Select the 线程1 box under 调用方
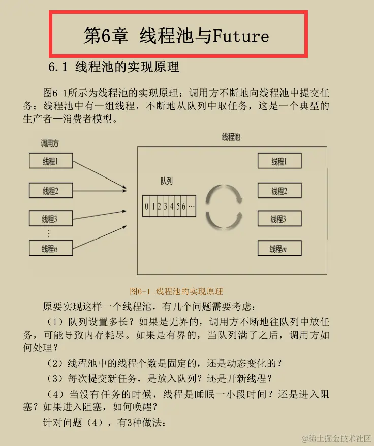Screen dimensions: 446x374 pos(50,162)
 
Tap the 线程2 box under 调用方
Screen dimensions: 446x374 pos(50,191)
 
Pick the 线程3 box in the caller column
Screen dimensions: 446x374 pos(50,219)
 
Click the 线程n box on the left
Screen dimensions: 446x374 pos(50,248)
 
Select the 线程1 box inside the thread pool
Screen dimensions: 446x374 pos(279,161)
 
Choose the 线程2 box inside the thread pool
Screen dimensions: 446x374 pos(279,191)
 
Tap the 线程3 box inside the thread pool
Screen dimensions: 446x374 pos(279,219)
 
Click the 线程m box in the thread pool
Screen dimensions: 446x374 pos(279,248)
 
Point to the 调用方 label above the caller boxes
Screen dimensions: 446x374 pos(50,144)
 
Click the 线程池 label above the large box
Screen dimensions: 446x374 pos(231,137)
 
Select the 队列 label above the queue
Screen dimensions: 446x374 pos(167,181)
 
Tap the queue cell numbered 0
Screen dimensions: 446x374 pos(146,207)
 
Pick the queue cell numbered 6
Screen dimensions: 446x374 pos(183,207)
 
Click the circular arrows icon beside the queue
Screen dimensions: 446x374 pos(224,205)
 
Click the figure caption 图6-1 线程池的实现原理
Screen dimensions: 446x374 pos(176,291)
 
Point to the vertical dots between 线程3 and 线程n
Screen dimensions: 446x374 pos(49,233)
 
